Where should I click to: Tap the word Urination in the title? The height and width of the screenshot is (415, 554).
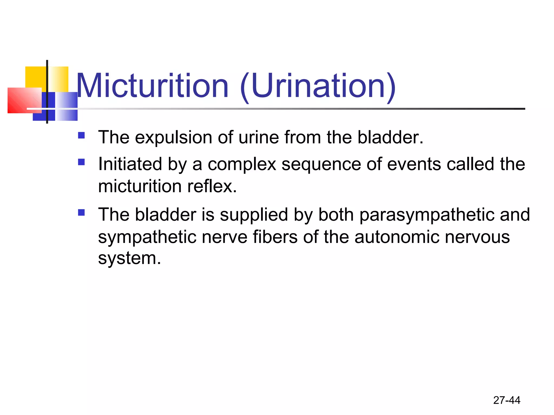pos(318,86)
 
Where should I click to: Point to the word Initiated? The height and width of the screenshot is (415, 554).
pos(130,164)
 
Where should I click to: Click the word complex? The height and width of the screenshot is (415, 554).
pos(242,165)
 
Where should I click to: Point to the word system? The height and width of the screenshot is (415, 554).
pos(129,258)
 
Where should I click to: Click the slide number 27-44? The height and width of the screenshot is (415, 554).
pos(507,400)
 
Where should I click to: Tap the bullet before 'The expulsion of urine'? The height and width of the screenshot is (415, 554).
pos(81,135)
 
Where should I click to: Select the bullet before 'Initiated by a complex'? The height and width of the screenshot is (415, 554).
pos(81,162)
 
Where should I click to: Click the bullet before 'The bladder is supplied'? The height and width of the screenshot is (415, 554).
pos(81,212)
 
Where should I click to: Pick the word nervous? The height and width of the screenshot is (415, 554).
pos(477,237)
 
